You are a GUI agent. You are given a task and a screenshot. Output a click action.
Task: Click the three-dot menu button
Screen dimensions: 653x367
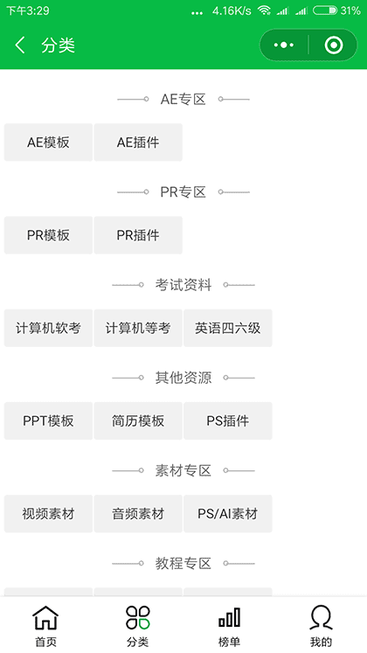[284, 45]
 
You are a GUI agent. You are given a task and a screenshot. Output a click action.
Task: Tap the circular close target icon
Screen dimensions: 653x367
[333, 45]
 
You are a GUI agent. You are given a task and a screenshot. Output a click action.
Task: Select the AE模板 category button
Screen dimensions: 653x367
[48, 142]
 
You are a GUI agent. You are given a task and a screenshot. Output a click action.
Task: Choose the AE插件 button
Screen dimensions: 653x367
[138, 142]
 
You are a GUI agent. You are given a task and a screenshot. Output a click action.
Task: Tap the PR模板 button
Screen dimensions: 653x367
[48, 235]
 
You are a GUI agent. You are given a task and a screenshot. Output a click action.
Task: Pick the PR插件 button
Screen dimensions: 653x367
[138, 235]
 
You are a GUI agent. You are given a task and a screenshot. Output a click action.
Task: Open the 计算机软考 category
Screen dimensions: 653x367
[48, 329]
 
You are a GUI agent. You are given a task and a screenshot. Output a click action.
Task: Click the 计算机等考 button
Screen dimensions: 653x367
[138, 329]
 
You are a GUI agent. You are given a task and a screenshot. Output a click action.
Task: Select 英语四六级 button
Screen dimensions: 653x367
[227, 329]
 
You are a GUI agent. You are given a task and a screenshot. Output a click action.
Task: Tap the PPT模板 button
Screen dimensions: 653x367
[48, 421]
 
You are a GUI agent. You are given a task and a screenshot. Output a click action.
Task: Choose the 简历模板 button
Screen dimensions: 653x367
[138, 421]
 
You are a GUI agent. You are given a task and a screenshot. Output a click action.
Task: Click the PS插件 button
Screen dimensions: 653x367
[227, 421]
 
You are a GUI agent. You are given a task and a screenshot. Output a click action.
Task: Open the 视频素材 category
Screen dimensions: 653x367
[48, 514]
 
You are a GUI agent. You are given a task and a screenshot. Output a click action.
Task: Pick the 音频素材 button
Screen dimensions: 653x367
[138, 514]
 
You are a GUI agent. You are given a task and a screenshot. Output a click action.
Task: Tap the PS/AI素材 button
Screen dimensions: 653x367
[227, 514]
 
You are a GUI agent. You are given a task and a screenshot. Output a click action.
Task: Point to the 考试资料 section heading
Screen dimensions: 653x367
[183, 285]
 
